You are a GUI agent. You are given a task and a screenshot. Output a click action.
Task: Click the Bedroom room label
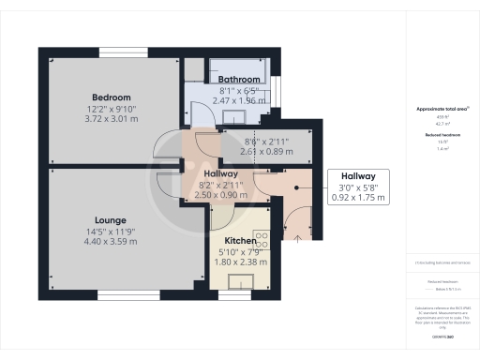point(111,97)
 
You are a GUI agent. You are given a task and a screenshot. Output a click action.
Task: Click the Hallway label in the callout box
point(357,176)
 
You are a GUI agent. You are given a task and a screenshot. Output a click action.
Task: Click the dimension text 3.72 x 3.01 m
point(111,119)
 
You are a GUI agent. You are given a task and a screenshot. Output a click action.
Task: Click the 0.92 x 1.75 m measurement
point(357,198)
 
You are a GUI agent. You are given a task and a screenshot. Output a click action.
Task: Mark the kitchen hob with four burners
point(262,240)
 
